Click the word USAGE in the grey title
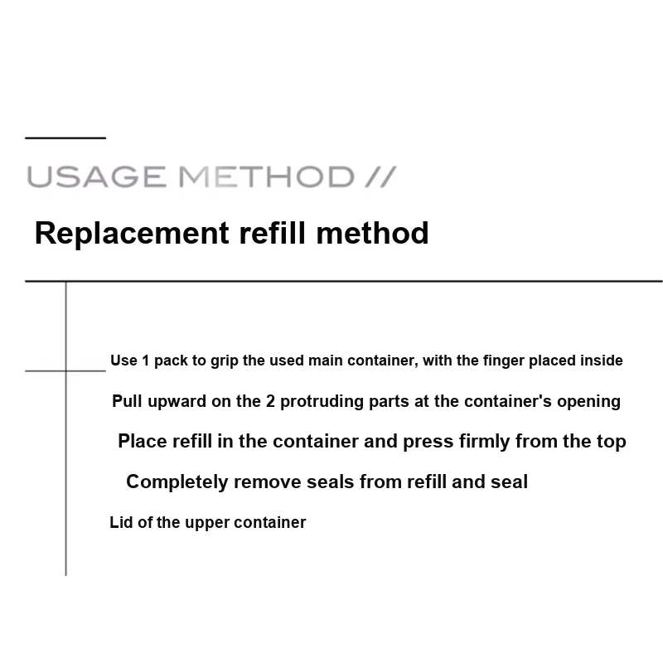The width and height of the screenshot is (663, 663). tap(96, 177)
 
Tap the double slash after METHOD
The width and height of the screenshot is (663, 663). tap(380, 177)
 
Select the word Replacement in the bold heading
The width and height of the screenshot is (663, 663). tap(132, 234)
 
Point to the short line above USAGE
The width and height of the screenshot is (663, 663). tap(65, 138)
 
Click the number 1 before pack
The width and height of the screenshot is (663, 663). tap(146, 361)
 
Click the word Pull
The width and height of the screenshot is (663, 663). tap(127, 401)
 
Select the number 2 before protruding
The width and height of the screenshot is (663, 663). tap(270, 401)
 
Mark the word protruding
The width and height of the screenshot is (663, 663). tap(322, 402)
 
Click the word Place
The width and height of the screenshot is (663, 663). tap(143, 441)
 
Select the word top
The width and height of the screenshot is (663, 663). tap(612, 443)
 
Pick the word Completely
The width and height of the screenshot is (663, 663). tap(177, 482)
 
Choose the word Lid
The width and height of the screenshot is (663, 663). tap(121, 522)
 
